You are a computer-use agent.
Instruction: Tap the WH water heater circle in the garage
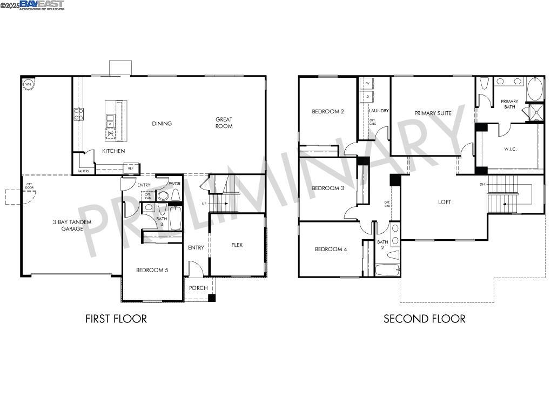tap(27, 84)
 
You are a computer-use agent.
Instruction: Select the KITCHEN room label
tap(113, 151)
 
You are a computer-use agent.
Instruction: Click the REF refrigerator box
tap(130, 168)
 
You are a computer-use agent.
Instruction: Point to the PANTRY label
tap(83, 171)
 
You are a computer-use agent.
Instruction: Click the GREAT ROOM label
tap(224, 123)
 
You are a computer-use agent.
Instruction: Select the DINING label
tap(162, 124)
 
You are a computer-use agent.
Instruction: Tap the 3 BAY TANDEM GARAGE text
tap(72, 225)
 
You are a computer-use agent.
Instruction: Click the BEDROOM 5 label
tap(152, 270)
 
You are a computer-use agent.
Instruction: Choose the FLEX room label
tap(237, 245)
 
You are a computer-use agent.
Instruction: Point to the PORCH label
tap(198, 288)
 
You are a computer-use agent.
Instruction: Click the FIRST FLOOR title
tap(116, 319)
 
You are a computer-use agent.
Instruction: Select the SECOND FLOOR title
tap(424, 319)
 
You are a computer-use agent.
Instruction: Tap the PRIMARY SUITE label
tap(433, 113)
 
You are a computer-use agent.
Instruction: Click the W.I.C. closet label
tap(510, 149)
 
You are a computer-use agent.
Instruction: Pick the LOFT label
tap(444, 202)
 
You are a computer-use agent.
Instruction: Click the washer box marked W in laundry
tap(367, 84)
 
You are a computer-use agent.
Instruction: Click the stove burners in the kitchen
tap(79, 114)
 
